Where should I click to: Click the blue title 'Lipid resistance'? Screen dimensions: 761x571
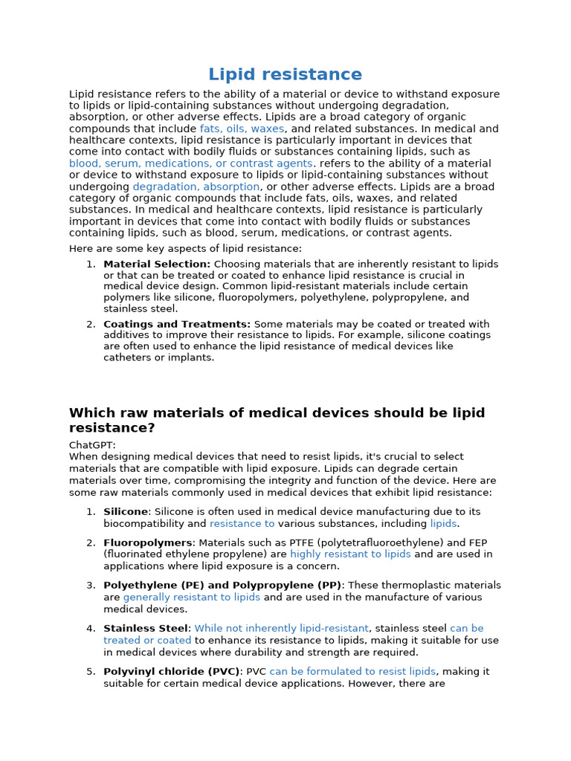coord(285,74)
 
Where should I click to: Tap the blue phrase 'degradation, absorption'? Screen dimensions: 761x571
coord(196,187)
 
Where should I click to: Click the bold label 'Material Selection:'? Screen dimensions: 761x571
coord(157,264)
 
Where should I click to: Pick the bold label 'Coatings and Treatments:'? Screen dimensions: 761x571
coord(177,324)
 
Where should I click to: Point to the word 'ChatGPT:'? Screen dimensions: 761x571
coord(92,444)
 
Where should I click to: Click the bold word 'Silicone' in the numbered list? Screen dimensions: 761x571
coord(126,511)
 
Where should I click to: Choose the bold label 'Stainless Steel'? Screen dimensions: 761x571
coord(146,629)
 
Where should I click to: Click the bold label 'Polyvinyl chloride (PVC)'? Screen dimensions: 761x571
coord(172,672)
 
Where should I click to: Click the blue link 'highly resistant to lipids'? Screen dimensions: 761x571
coord(350,554)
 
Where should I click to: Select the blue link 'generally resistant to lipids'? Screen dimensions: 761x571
coord(192,598)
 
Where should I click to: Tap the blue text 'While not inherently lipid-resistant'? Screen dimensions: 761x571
coord(281,629)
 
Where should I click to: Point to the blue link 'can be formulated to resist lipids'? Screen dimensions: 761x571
coord(352,672)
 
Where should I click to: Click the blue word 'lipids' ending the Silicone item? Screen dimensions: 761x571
coord(443,523)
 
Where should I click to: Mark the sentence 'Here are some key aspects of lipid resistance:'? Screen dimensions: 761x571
coord(186,248)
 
